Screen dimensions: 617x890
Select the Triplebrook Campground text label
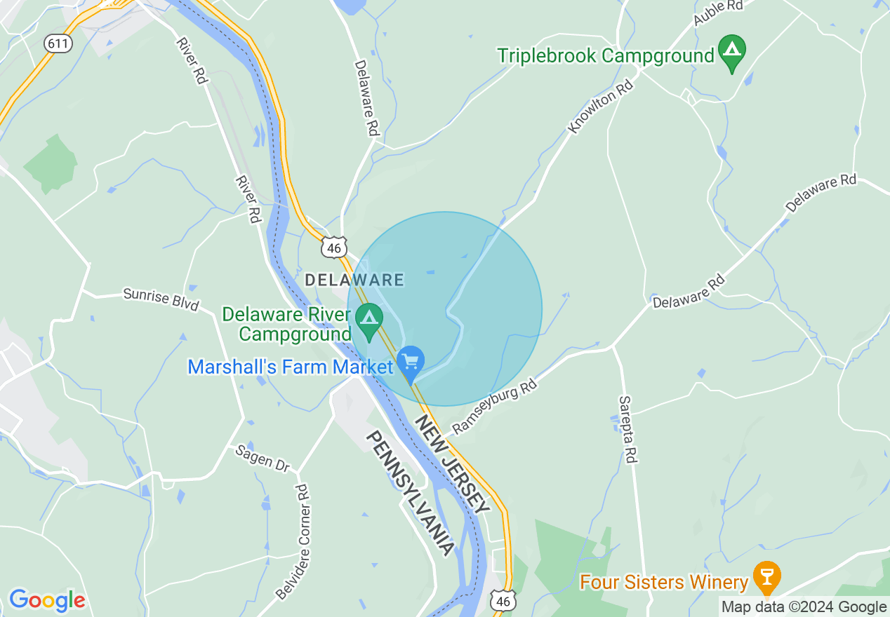point(606,55)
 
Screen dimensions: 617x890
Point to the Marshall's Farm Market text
point(290,367)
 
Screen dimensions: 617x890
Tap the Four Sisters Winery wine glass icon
point(766,576)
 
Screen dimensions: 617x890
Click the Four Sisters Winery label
point(664,582)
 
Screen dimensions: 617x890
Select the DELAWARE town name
point(354,280)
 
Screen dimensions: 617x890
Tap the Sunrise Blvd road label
point(161,299)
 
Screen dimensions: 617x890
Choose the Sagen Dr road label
point(263,458)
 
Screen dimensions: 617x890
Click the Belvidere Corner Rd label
point(293,542)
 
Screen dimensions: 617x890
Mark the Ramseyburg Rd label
point(493,407)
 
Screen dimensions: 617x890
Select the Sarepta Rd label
point(627,428)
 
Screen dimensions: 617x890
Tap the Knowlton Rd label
point(601,106)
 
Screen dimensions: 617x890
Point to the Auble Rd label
point(718,13)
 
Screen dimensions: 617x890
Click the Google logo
point(47,600)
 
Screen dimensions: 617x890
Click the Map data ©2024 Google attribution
point(804,606)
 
